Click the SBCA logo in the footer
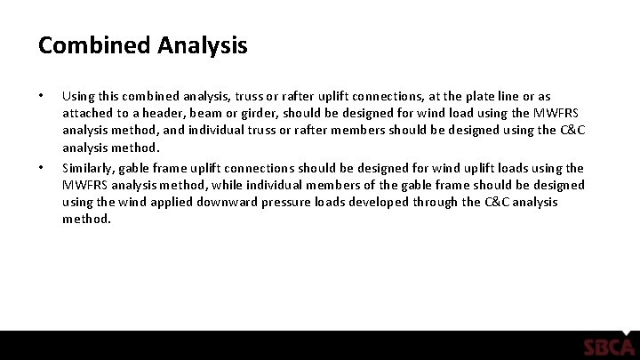pos(608,347)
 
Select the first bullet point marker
pos(41,93)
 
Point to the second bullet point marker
pos(41,166)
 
